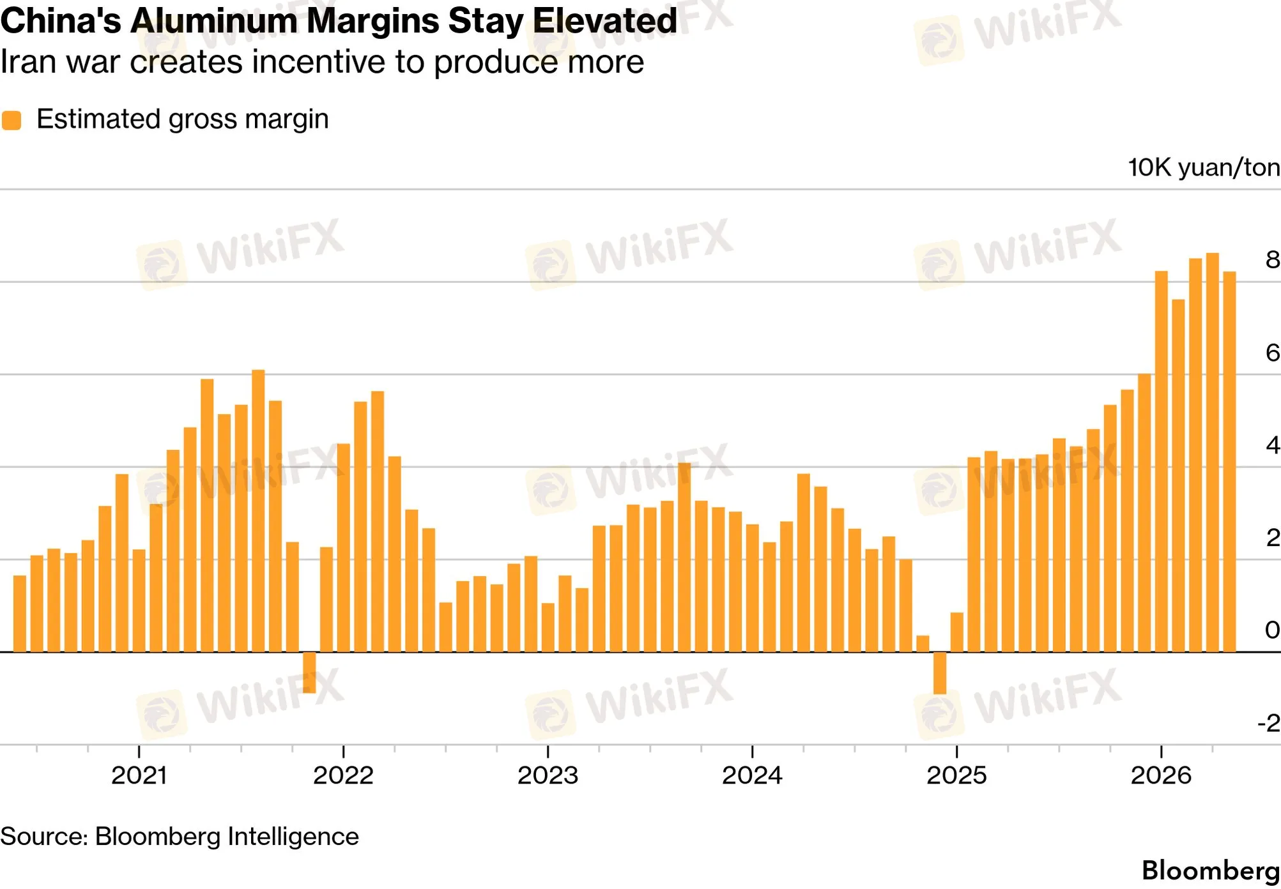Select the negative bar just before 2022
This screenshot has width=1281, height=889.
click(309, 672)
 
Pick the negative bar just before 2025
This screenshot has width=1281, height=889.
click(940, 673)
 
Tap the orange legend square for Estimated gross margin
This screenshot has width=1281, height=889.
click(12, 120)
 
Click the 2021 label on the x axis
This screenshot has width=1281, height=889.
click(139, 775)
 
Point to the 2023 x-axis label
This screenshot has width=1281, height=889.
click(548, 775)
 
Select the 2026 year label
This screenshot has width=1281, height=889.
click(1161, 775)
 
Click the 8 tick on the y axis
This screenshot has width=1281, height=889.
click(1273, 259)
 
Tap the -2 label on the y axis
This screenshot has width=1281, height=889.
click(1269, 723)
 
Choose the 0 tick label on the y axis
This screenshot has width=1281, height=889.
click(1273, 630)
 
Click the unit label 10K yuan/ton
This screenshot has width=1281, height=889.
click(1204, 168)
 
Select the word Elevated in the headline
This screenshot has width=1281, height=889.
click(605, 21)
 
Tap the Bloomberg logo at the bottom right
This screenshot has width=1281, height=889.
click(1211, 870)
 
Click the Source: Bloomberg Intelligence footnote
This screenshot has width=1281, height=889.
click(180, 837)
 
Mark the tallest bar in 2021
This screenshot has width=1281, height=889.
click(258, 511)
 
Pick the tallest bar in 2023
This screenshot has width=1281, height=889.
click(684, 558)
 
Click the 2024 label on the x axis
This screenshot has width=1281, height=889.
click(752, 775)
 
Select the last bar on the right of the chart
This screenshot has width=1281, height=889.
click(1229, 462)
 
